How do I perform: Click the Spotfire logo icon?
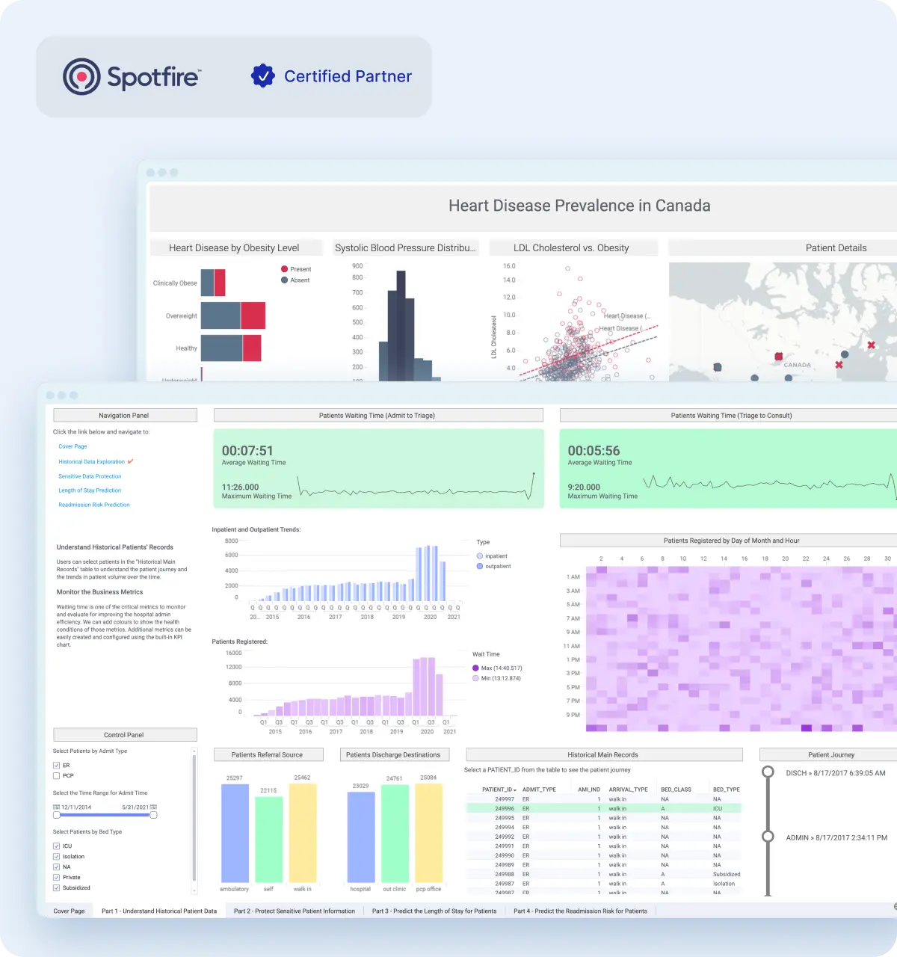pos(81,76)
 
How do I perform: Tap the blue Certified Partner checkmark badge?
pos(262,76)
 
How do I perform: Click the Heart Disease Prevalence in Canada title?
pos(579,206)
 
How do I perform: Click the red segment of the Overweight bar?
pos(253,316)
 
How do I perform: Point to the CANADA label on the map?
pos(797,365)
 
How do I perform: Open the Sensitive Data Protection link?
pos(90,476)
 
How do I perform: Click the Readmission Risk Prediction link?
pos(94,505)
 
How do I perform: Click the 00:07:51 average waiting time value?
pos(247,451)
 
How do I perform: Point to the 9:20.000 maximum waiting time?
pos(584,487)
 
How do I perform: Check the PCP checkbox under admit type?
pos(57,776)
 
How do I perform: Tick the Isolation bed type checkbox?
pos(57,857)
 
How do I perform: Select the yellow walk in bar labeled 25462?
pos(302,831)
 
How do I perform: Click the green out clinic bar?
pos(394,833)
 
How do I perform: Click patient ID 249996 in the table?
pos(505,808)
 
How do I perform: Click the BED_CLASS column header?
pos(676,790)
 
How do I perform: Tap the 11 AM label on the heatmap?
pos(571,646)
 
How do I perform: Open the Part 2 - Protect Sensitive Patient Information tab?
pos(294,911)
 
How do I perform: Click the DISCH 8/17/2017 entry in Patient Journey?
pos(835,773)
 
